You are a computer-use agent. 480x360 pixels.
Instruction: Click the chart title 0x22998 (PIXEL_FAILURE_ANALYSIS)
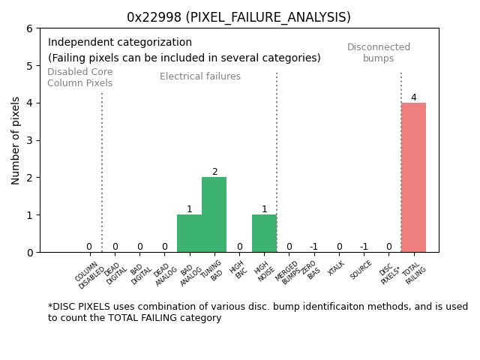point(238,17)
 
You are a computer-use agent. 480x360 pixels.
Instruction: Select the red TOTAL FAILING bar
point(413,178)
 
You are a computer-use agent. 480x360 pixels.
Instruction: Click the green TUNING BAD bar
point(214,214)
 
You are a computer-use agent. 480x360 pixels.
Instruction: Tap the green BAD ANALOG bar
point(189,233)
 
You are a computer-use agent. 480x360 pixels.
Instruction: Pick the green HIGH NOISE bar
point(264,233)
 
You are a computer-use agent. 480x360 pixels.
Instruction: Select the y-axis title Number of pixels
point(16,140)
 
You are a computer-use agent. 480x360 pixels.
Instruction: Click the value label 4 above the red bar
point(413,97)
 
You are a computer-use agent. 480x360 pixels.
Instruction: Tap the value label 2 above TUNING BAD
point(214,172)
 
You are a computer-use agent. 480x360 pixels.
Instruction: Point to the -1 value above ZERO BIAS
point(313,247)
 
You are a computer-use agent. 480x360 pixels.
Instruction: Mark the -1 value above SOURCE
point(364,247)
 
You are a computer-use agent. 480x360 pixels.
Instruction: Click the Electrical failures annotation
point(200,76)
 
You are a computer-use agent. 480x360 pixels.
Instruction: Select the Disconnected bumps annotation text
point(379,52)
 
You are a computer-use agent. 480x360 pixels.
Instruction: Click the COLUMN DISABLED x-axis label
point(90,276)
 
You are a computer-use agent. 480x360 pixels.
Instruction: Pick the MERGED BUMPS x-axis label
point(288,274)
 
